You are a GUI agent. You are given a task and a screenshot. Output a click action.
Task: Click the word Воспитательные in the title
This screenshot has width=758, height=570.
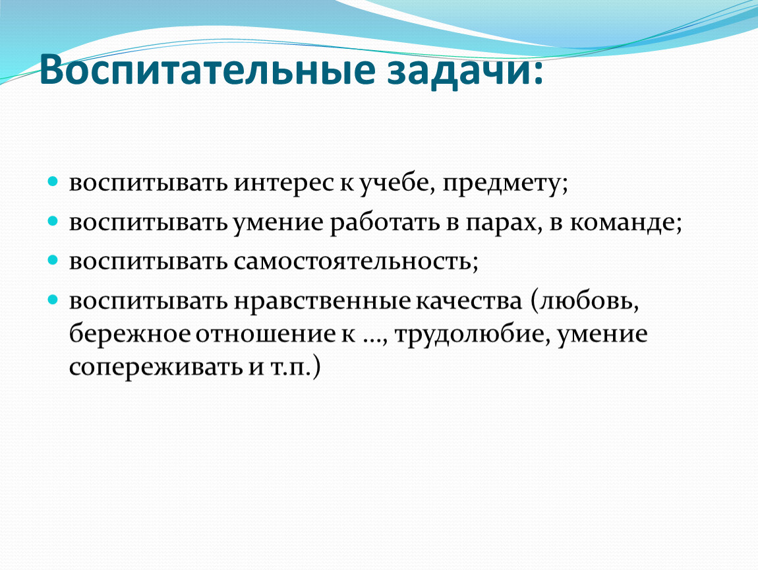(208, 70)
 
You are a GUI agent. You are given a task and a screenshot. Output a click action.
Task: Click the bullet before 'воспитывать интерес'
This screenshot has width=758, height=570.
(53, 182)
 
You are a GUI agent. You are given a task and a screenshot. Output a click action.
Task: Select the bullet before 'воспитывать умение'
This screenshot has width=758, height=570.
(53, 221)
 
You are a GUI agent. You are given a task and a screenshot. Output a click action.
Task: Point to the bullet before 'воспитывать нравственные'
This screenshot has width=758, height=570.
(53, 300)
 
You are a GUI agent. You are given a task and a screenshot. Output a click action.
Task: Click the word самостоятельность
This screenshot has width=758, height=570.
(353, 262)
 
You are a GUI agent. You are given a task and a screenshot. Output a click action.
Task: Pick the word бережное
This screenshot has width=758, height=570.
(130, 334)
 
